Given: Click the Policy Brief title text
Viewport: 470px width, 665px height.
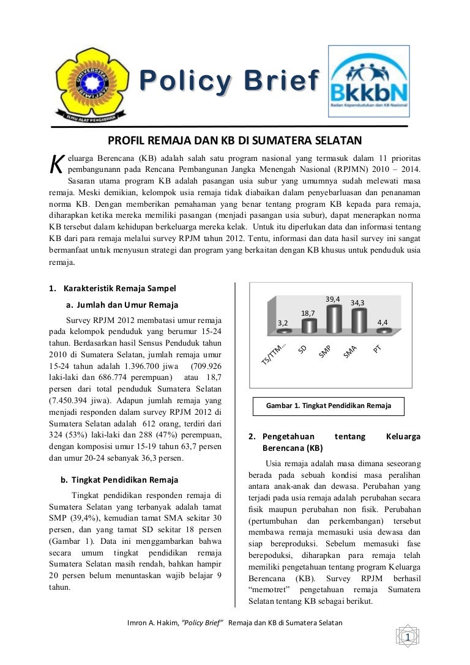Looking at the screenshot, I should point(229,81).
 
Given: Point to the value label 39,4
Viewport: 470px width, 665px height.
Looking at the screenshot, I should point(333,299).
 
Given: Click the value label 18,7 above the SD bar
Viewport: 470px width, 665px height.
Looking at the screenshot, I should point(308,313).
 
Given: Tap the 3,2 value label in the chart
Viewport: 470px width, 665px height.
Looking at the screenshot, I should point(283,322).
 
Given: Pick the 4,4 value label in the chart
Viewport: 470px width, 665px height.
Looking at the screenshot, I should point(382,322).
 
